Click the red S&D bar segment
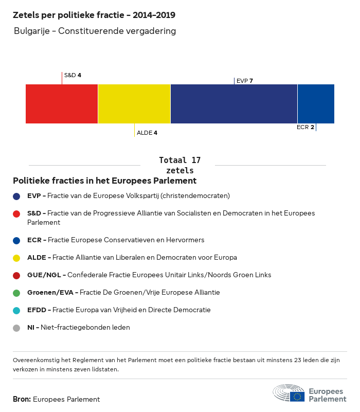click(62, 104)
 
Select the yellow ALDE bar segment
click(134, 104)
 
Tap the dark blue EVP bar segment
click(234, 104)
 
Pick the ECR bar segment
click(316, 104)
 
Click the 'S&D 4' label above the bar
click(73, 75)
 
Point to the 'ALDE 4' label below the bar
click(147, 133)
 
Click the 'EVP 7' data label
click(245, 81)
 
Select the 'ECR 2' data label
click(305, 127)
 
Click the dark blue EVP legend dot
click(16, 196)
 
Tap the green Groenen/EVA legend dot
click(16, 293)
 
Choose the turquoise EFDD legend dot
click(16, 311)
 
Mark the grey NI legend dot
click(16, 328)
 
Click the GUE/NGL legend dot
click(16, 275)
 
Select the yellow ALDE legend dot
click(16, 258)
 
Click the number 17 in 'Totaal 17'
click(196, 160)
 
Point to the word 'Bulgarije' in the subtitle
click(32, 31)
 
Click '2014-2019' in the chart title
click(154, 15)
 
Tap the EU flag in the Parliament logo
click(297, 397)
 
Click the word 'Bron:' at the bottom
click(22, 399)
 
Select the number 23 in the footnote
click(297, 360)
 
